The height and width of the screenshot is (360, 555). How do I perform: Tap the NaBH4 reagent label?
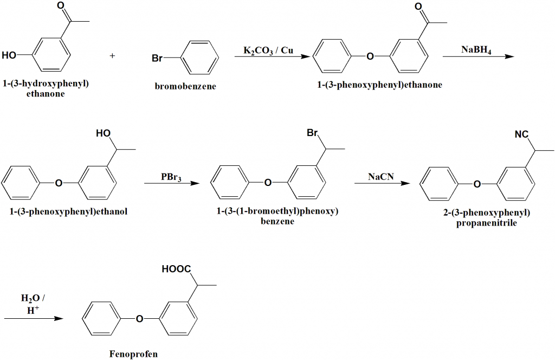(x=477, y=50)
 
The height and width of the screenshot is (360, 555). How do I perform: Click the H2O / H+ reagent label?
(x=33, y=304)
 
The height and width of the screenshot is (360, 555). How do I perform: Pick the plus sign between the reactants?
(x=113, y=55)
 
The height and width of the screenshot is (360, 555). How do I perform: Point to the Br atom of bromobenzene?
(x=157, y=58)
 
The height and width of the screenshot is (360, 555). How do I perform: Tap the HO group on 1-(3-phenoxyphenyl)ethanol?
(x=103, y=133)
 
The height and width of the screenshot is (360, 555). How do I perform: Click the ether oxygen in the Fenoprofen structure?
(x=140, y=319)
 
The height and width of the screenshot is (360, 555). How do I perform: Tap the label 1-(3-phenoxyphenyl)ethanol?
(x=68, y=212)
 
